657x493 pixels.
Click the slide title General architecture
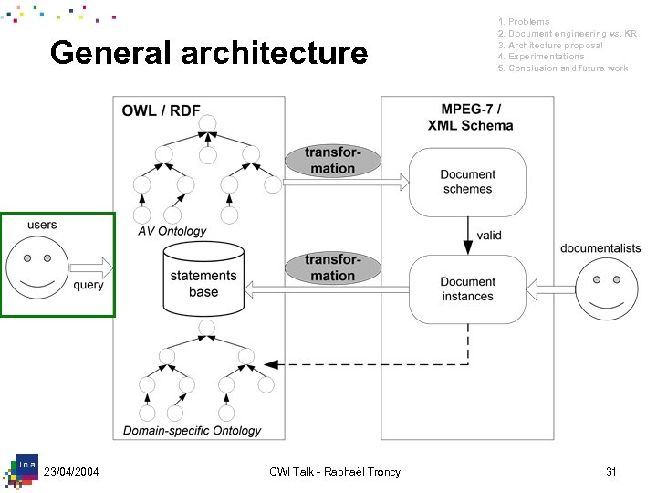coord(209,53)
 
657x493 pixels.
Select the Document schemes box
coord(467,182)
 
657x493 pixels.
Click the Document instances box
coord(467,289)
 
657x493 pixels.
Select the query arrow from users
coord(90,268)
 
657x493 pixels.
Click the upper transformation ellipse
coord(330,161)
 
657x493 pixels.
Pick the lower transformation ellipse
coord(332,268)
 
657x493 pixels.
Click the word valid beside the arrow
coord(489,236)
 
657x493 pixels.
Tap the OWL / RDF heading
coord(162,111)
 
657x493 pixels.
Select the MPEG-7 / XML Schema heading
coord(470,117)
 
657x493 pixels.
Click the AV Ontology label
coord(172,232)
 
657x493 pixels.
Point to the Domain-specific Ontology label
coord(193,430)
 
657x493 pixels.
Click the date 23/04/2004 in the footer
coord(71,471)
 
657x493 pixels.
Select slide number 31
coord(611,471)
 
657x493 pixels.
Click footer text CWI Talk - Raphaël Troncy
coord(335,471)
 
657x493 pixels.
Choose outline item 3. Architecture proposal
coord(550,45)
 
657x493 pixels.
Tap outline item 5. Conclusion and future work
coord(563,68)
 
